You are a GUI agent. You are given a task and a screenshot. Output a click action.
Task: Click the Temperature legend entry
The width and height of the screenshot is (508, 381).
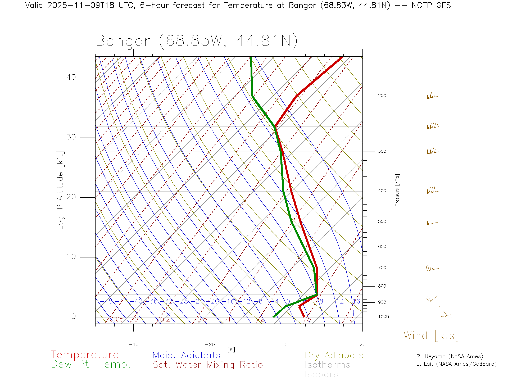coord(84,355)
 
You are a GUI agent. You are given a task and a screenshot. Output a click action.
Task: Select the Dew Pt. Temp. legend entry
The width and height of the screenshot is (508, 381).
coord(91,364)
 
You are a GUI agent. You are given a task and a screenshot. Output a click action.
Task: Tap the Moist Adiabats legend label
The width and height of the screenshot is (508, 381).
coord(186,355)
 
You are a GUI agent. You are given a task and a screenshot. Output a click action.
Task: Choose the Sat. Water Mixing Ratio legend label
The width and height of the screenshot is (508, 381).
coord(207,365)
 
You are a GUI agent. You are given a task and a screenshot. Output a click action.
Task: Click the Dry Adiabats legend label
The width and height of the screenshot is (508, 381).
coord(334,355)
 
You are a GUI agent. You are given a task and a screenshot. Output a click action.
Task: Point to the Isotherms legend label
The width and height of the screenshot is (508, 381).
coord(327,365)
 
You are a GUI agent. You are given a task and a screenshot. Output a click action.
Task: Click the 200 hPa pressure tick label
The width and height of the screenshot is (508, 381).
coord(382,96)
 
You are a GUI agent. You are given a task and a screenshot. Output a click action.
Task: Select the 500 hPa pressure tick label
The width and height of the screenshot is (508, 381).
coord(382,222)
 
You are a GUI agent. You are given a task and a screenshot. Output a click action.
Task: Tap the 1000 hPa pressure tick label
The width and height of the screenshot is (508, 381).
coord(383,317)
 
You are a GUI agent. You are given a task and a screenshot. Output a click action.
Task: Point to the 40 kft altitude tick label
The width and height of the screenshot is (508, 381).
coord(71,77)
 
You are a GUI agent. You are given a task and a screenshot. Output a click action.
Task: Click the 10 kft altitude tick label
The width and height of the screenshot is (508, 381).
coord(71,257)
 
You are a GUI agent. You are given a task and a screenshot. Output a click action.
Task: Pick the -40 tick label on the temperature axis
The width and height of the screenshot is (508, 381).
coord(133,344)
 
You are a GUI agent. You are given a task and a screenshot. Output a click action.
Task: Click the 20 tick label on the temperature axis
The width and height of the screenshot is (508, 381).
coord(362,344)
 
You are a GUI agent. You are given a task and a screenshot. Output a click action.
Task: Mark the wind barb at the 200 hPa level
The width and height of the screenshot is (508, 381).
coord(432,96)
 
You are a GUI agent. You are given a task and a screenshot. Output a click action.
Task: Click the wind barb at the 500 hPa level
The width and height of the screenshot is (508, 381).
coord(432,223)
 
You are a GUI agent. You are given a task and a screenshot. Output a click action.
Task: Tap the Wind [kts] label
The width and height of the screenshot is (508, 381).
coord(431,335)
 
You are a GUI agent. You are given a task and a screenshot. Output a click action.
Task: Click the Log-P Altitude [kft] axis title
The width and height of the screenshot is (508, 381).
coord(60,190)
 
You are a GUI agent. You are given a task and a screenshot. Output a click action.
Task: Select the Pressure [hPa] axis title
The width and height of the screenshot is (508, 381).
coord(397,190)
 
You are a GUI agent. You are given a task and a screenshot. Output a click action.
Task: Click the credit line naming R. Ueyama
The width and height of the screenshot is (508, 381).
coord(450,356)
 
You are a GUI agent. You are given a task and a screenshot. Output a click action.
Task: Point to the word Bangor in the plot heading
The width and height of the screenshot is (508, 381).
coord(123,41)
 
